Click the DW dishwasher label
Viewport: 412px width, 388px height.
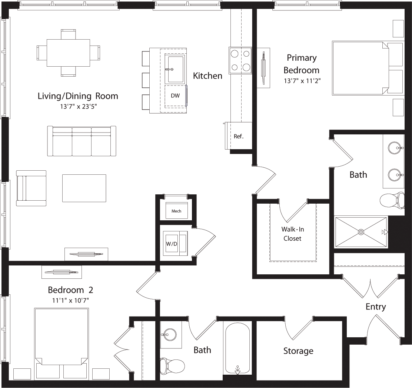(175, 96)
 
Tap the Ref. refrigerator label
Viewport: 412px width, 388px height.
(238, 136)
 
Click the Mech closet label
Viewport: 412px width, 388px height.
(176, 211)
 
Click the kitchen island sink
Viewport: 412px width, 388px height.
(176, 69)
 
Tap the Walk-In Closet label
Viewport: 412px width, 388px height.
(292, 234)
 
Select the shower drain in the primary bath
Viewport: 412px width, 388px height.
(361, 232)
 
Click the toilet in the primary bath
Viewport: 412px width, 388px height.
(392, 201)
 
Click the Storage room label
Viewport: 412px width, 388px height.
(298, 351)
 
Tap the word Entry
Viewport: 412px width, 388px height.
(376, 307)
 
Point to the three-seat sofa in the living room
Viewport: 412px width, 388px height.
(82, 141)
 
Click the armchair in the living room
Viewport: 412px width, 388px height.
(31, 188)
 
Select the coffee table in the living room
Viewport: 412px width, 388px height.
(84, 188)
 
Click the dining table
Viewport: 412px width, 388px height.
(69, 53)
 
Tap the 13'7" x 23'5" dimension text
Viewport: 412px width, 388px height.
(78, 106)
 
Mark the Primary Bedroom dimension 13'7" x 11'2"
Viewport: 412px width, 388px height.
(301, 81)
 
